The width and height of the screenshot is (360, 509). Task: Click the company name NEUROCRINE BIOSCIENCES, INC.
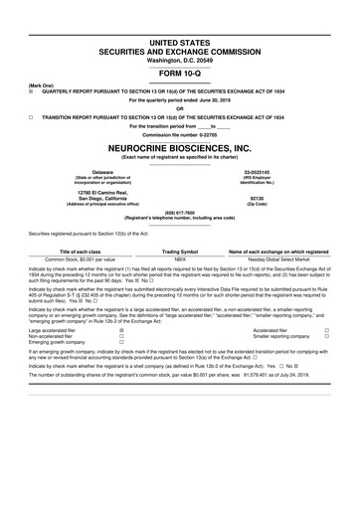pos(180,146)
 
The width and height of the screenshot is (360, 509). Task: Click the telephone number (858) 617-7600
pos(180,212)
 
